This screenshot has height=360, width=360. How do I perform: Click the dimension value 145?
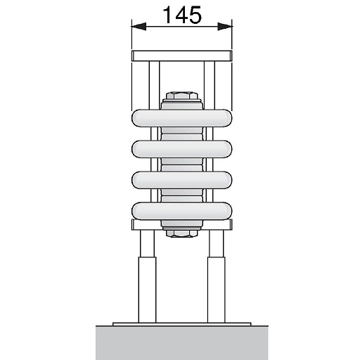tap(181, 14)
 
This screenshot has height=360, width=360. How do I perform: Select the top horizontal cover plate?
tap(181, 56)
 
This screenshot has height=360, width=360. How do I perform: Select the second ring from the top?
tap(181, 149)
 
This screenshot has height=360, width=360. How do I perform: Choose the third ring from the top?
tap(181, 180)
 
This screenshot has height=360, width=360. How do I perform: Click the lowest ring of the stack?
tap(181, 210)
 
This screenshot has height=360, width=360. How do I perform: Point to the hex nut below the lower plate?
tap(181, 232)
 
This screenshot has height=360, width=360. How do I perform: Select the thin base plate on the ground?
tap(181, 323)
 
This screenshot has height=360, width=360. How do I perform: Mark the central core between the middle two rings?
tap(181, 165)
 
